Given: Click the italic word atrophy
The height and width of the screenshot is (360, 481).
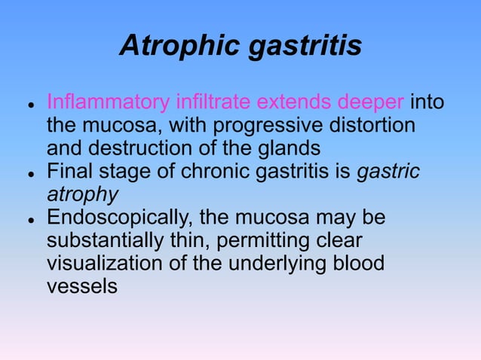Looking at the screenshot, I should [82, 195].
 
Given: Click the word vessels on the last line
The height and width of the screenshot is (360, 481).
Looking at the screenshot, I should [82, 288].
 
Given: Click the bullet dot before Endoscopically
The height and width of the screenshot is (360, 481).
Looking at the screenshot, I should [28, 221].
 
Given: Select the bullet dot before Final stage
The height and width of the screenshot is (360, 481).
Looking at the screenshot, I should [28, 173].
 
